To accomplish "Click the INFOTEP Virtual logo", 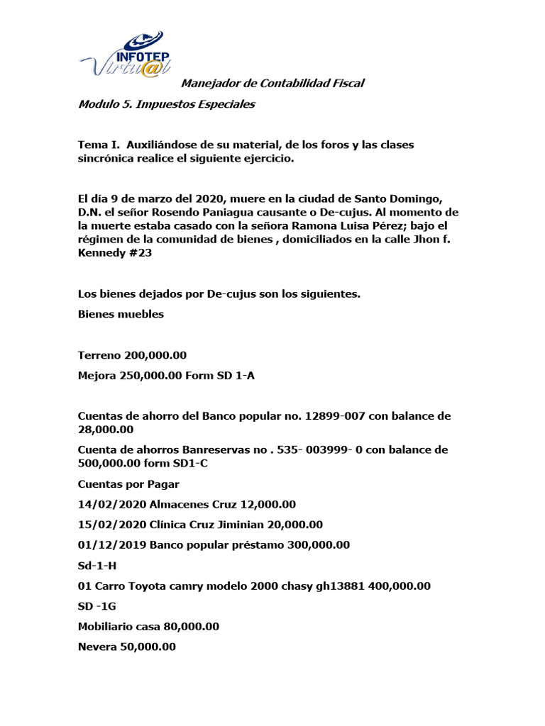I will (x=122, y=55).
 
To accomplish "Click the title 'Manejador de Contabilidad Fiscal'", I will (x=273, y=84).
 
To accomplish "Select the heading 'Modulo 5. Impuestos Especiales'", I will (x=166, y=105).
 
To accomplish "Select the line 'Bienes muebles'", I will (x=121, y=314).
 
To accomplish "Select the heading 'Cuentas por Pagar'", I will (x=128, y=484).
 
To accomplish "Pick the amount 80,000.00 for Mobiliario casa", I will (x=187, y=627).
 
